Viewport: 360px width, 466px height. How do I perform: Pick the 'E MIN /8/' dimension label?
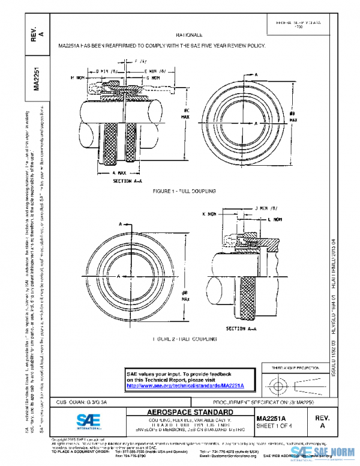(x=156, y=71)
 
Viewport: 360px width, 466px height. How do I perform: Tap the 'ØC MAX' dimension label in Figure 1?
(x=186, y=113)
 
